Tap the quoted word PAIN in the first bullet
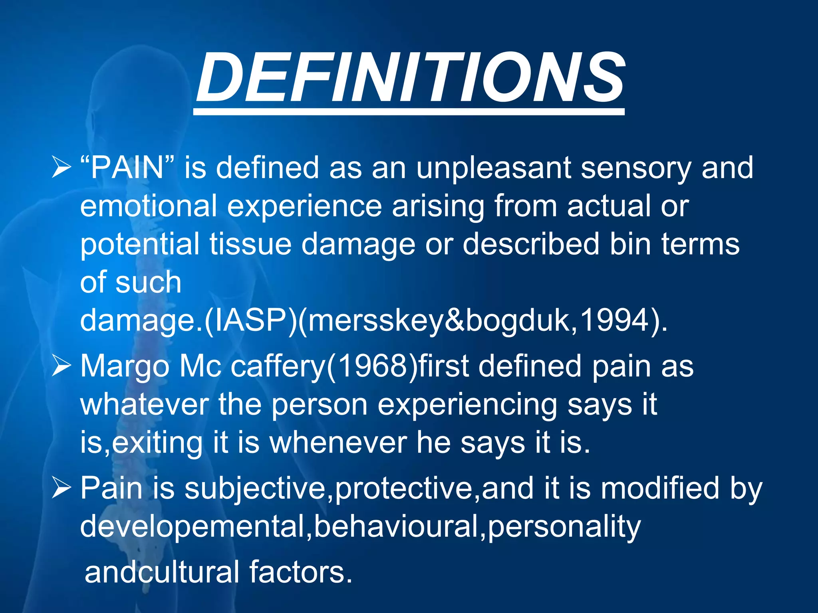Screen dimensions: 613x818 pos(127,168)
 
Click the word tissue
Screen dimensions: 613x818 pos(250,244)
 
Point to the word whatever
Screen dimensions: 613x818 pos(144,405)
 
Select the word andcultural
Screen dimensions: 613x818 pos(162,572)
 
